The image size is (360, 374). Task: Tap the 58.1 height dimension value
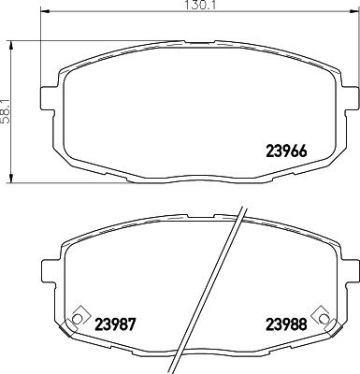tap(6, 109)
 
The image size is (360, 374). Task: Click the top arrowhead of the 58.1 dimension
tap(12, 43)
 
